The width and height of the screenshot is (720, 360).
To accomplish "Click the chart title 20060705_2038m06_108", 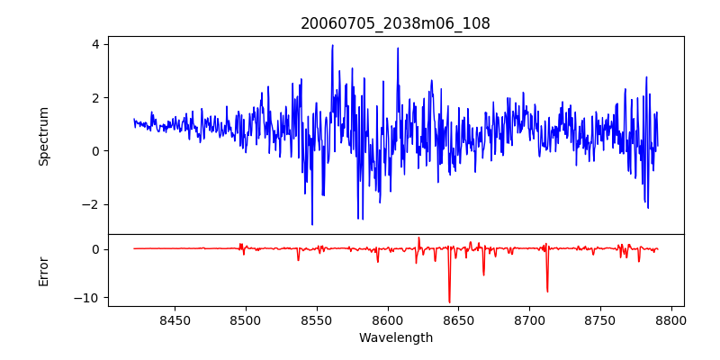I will click(395, 23).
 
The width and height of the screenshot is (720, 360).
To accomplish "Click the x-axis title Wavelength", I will click(395, 337).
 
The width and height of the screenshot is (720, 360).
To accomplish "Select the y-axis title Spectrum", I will click(43, 136).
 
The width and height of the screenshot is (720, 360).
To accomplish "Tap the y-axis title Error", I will click(43, 271).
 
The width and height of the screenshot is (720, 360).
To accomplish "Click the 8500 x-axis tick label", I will click(245, 320).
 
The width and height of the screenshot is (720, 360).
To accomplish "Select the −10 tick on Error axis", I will click(88, 298).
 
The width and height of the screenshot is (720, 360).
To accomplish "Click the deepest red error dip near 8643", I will click(449, 302).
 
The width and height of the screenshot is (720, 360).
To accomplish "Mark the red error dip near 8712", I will click(547, 292).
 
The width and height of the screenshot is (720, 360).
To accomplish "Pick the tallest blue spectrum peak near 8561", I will click(332, 45).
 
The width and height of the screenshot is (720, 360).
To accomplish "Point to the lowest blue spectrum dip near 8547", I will click(312, 224).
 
